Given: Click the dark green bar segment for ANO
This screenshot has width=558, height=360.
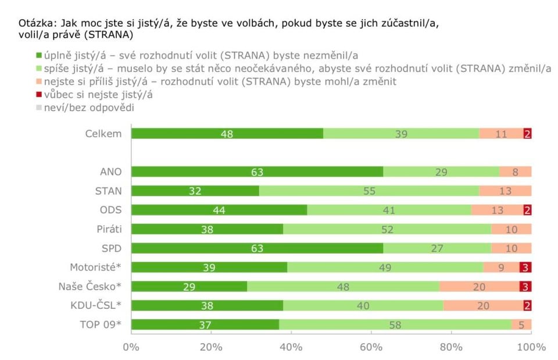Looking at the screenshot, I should [257, 172].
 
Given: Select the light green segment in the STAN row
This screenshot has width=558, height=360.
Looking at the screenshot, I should [369, 191].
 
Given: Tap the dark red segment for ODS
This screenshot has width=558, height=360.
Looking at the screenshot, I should [527, 210].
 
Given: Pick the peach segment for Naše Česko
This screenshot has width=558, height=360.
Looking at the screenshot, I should [480, 286].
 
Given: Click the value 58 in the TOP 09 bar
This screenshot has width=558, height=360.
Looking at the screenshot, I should [395, 325].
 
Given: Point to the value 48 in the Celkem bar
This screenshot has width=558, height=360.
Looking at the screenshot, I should [227, 134].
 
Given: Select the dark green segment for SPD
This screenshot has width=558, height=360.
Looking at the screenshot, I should [257, 248].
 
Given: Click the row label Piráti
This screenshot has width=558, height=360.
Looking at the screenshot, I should [109, 229].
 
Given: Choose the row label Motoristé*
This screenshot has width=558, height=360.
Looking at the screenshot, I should [95, 267].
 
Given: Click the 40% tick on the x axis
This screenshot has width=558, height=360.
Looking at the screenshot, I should [291, 347].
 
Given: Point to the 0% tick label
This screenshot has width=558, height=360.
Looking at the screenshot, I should [131, 347].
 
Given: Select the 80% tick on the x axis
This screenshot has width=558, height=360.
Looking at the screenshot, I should [451, 347].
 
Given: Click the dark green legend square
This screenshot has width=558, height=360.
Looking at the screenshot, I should [39, 56].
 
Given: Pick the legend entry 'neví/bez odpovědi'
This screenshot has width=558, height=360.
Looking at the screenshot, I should [87, 107].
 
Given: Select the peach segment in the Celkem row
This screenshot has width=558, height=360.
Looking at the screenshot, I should [502, 134].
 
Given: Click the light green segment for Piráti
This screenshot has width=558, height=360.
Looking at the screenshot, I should [387, 229].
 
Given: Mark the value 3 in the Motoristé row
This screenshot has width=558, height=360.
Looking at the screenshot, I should [525, 268].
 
